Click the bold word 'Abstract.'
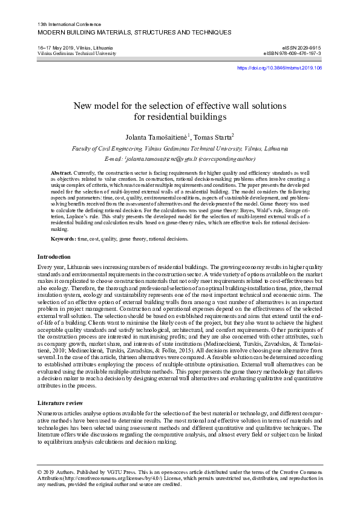pyautogui.click(x=62, y=173)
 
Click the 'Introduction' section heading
pyautogui.click(x=54, y=257)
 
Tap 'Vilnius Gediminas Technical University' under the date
pyautogui.click(x=76, y=53)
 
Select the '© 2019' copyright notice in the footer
pyautogui.click(x=48, y=471)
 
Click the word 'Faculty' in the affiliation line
pyautogui.click(x=83, y=148)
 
